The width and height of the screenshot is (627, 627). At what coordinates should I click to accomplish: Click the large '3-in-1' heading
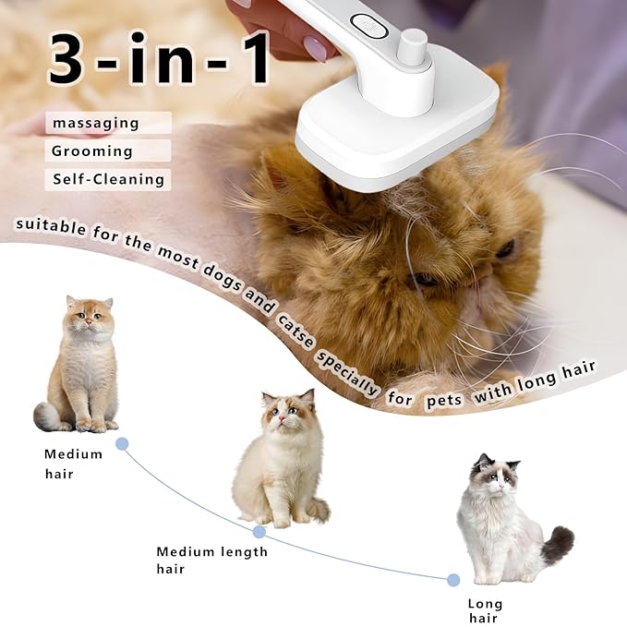click(158, 58)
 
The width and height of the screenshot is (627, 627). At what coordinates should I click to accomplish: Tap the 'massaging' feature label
click(96, 123)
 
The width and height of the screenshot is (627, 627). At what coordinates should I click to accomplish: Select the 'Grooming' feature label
click(92, 151)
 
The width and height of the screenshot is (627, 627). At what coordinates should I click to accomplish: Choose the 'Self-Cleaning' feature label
click(108, 179)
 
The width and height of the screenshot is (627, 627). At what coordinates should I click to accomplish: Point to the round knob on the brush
click(413, 46)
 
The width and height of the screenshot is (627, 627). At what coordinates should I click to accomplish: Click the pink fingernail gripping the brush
click(315, 47)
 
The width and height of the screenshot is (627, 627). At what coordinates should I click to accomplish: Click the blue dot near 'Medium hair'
click(122, 443)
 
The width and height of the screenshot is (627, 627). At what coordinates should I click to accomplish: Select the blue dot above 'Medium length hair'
click(259, 532)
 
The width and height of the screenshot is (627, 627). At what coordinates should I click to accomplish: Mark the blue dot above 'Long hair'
click(453, 580)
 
